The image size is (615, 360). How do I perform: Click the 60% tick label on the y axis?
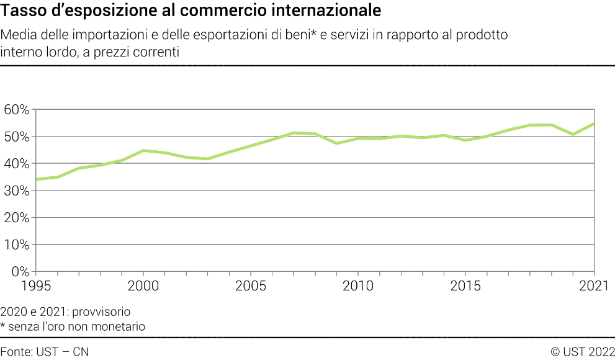(16, 109)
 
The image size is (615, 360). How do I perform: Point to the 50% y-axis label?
(16, 137)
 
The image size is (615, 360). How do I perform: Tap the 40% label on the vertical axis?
(16, 163)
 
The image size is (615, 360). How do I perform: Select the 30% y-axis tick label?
(16, 191)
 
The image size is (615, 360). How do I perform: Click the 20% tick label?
(16, 218)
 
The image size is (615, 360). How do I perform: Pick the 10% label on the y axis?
(16, 245)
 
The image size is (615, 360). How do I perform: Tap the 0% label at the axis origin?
(20, 271)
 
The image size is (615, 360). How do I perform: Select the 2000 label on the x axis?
(143, 286)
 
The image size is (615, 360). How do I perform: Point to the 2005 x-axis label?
(251, 286)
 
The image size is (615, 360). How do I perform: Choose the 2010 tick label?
(358, 286)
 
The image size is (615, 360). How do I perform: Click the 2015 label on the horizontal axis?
(465, 286)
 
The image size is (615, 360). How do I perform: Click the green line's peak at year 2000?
(143, 150)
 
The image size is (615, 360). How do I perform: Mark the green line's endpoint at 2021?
(594, 124)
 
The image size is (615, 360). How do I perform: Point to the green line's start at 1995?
(37, 179)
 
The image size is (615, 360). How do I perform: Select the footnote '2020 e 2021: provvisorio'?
(66, 311)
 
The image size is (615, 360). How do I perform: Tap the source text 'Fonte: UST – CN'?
(45, 352)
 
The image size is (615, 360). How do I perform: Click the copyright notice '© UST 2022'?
(582, 352)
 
